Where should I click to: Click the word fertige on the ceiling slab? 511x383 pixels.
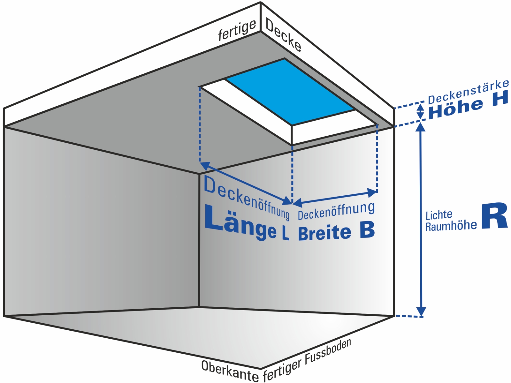(x=237, y=30)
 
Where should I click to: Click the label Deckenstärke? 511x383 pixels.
(x=468, y=92)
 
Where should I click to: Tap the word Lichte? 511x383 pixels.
(x=439, y=215)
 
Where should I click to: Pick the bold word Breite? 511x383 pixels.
(x=324, y=233)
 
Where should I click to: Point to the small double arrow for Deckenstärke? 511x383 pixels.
(x=421, y=112)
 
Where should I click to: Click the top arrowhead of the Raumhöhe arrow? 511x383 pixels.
(x=421, y=127)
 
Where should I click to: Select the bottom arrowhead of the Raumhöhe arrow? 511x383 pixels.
(x=421, y=312)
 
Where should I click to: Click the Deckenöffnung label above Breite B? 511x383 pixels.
(x=336, y=211)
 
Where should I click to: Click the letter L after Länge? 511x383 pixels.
(x=285, y=234)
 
